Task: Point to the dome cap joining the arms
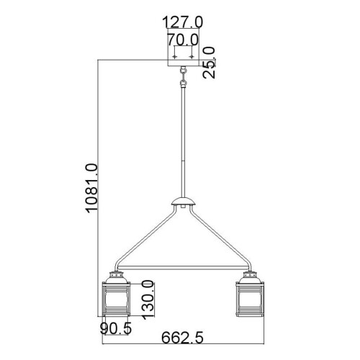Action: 184,204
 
